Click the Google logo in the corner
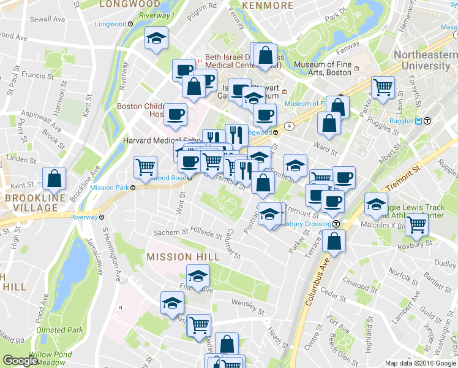click(20, 361)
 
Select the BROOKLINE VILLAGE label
click(30, 204)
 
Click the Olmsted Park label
click(59, 330)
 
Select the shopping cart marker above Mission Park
click(146, 166)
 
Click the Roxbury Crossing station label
click(304, 224)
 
